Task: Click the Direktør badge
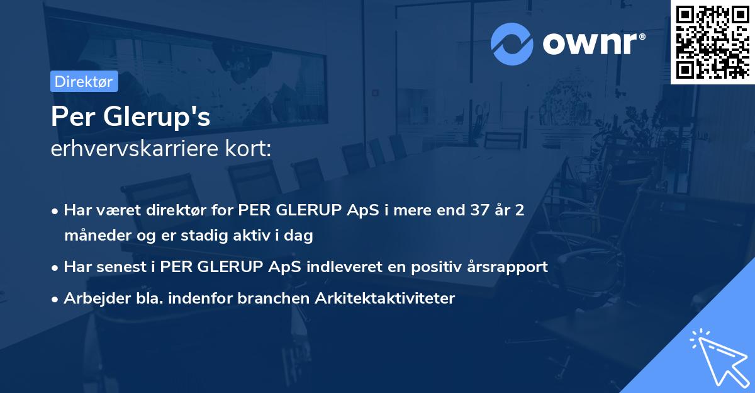(84, 81)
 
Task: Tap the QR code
(712, 42)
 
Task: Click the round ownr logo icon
(512, 43)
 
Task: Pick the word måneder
(94, 236)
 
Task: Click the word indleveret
(344, 266)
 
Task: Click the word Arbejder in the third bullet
(92, 298)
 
